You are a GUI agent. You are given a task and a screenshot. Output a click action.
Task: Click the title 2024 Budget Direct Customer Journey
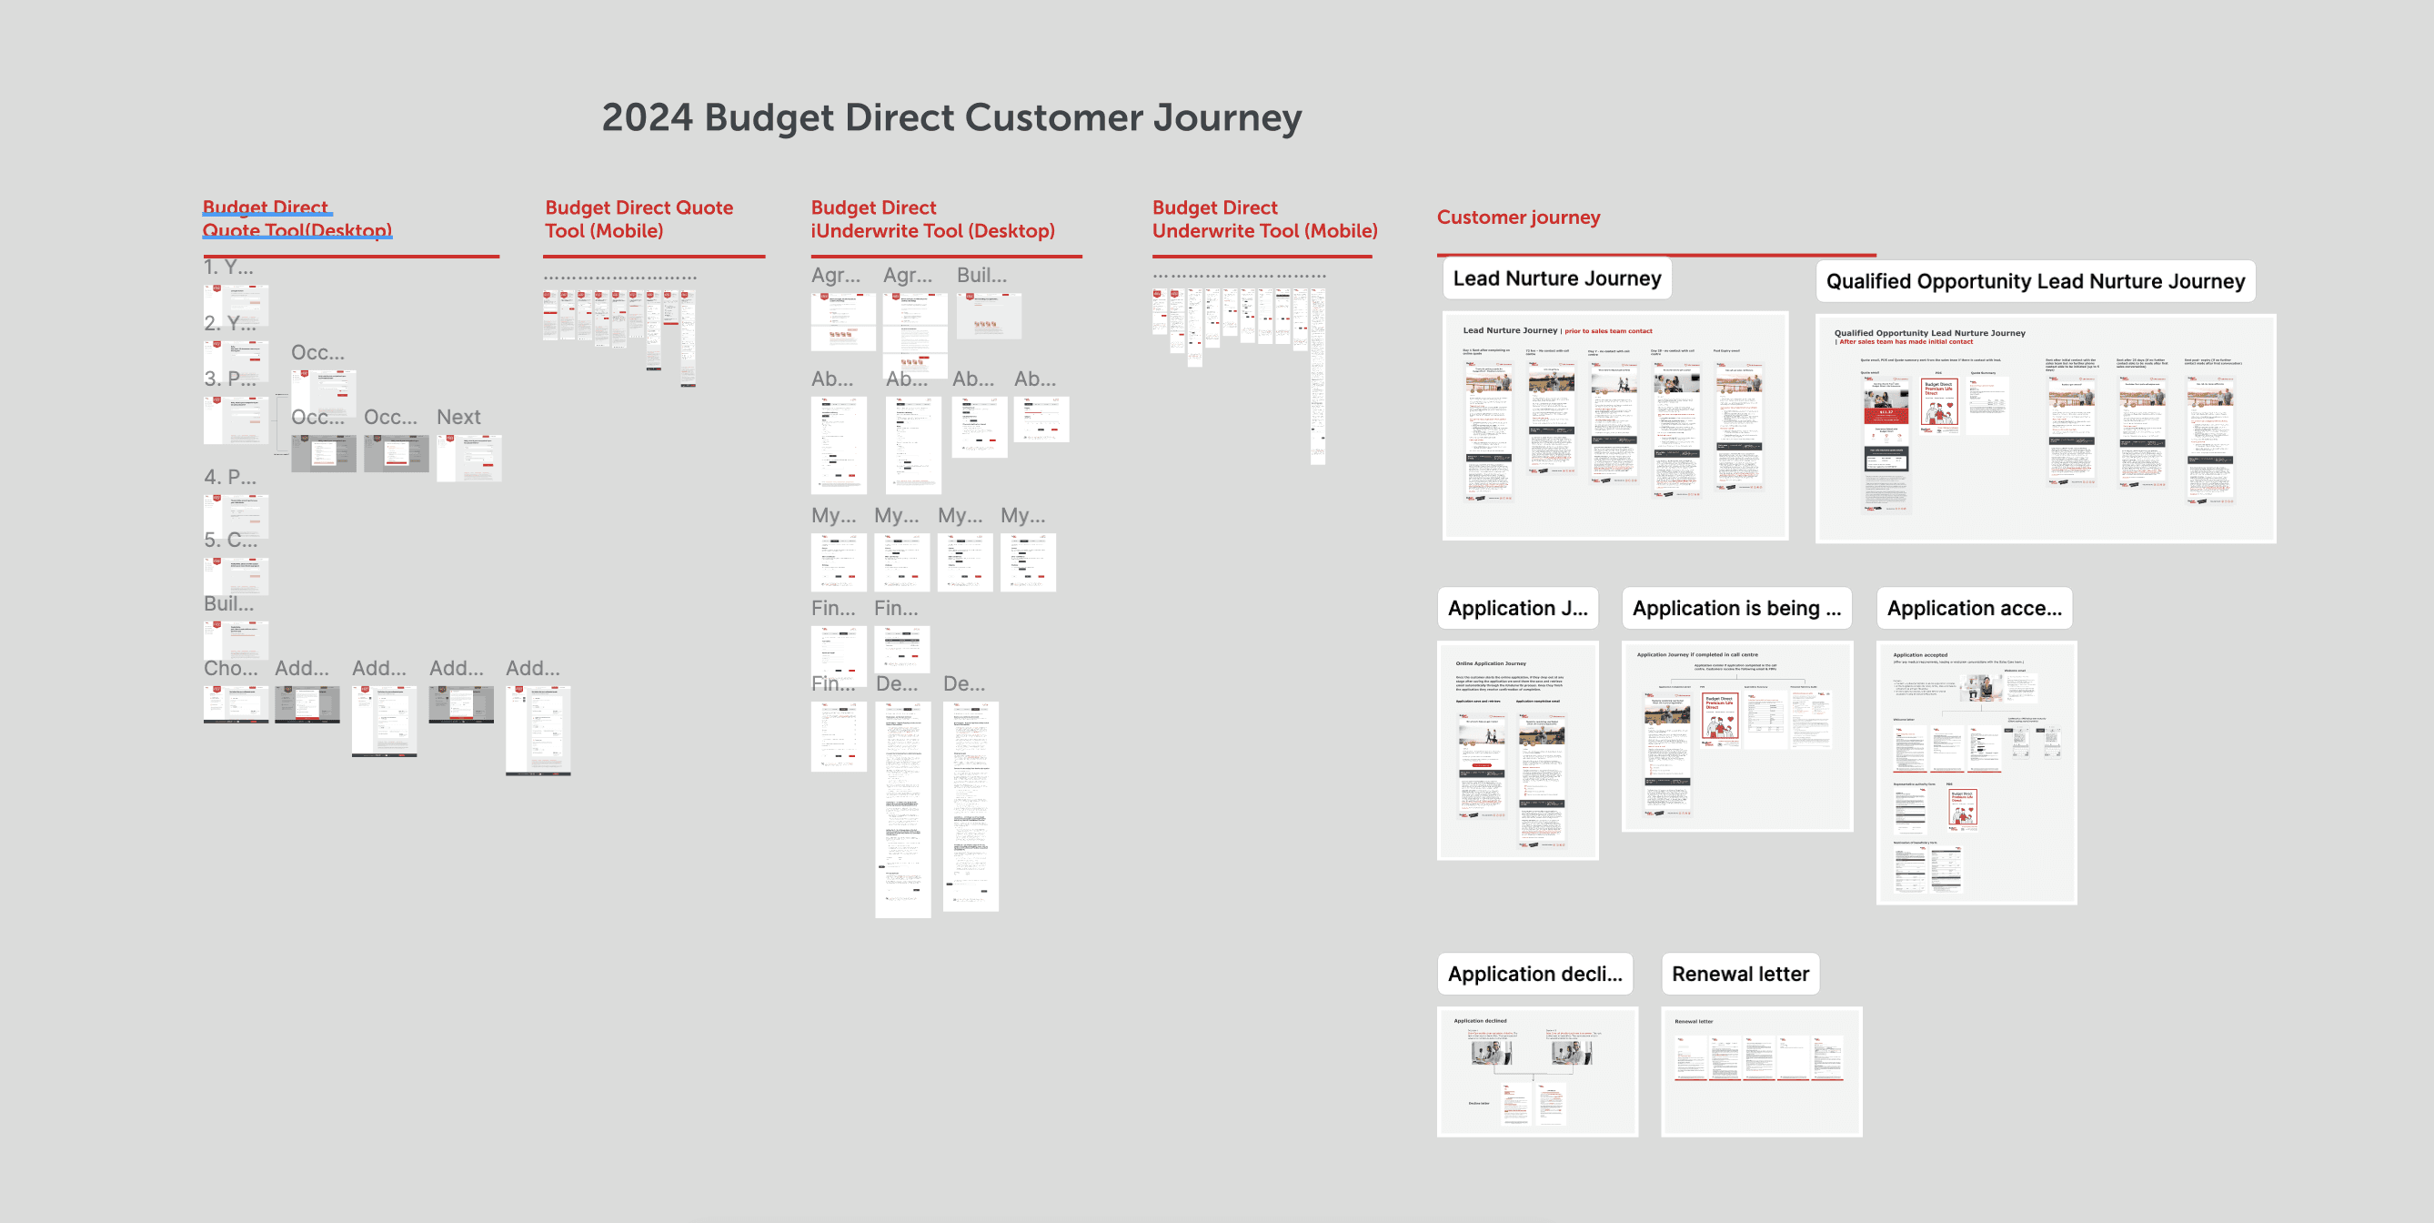pyautogui.click(x=951, y=118)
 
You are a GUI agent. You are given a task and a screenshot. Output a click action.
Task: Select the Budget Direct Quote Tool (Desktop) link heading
pyautogui.click(x=297, y=219)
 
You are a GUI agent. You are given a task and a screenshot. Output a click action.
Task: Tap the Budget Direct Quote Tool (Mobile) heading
pyautogui.click(x=639, y=219)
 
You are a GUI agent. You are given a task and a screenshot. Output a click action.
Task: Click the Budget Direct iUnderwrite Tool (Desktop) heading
pyautogui.click(x=932, y=219)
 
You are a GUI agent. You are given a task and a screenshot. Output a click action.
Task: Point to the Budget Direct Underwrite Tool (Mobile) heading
pyautogui.click(x=1264, y=219)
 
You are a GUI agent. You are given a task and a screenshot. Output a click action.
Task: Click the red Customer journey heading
pyautogui.click(x=1518, y=217)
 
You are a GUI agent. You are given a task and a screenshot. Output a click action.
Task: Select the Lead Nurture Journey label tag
pyautogui.click(x=1556, y=278)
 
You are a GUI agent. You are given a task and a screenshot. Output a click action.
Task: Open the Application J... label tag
pyautogui.click(x=1517, y=609)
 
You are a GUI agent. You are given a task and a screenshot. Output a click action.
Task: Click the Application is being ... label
pyautogui.click(x=1735, y=609)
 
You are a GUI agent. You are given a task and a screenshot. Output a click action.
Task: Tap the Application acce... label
pyautogui.click(x=1974, y=609)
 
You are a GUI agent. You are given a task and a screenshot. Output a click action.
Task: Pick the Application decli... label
pyautogui.click(x=1534, y=975)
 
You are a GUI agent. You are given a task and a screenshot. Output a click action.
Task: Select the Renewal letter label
pyautogui.click(x=1739, y=975)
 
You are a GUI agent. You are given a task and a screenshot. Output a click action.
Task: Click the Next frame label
pyautogui.click(x=458, y=418)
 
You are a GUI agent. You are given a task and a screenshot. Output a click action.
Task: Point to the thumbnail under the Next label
pyautogui.click(x=468, y=459)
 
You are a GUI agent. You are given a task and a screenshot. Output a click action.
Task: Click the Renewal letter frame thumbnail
pyautogui.click(x=1761, y=1072)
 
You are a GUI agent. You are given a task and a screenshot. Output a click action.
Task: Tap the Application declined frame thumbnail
pyautogui.click(x=1537, y=1072)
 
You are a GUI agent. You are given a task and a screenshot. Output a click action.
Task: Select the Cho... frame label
pyautogui.click(x=230, y=669)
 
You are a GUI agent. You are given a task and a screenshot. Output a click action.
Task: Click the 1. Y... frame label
pyautogui.click(x=228, y=268)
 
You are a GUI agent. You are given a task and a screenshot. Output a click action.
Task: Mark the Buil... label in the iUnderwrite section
pyautogui.click(x=981, y=276)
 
